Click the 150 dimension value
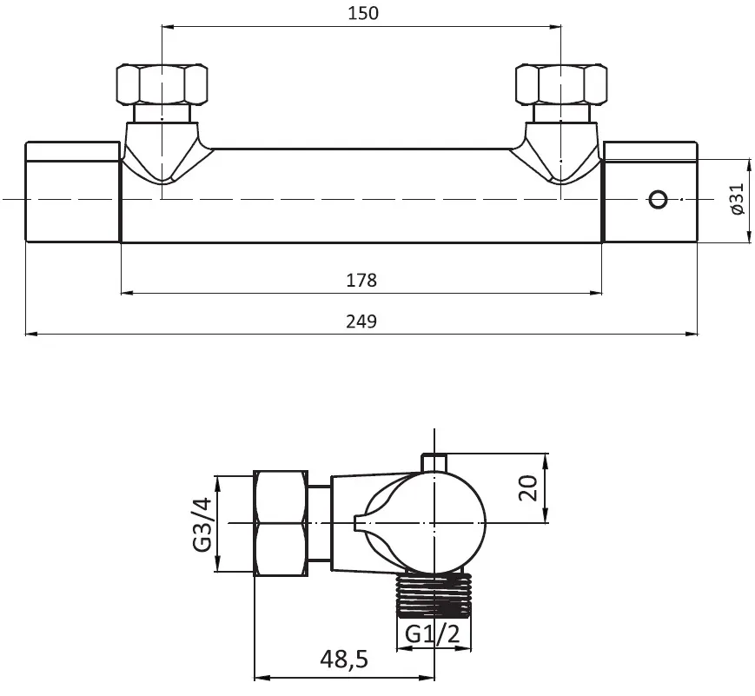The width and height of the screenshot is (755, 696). (x=363, y=13)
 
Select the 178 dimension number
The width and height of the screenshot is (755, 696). (x=361, y=280)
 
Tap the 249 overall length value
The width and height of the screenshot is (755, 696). (x=361, y=321)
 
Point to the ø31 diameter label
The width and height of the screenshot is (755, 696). (x=737, y=198)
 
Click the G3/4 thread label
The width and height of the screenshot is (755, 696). (x=202, y=524)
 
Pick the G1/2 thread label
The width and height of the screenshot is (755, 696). (x=433, y=633)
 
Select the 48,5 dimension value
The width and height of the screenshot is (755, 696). (x=344, y=659)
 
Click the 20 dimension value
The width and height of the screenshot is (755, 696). (x=528, y=488)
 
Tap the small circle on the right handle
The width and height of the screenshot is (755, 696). (x=659, y=199)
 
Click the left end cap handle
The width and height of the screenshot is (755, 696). (x=72, y=192)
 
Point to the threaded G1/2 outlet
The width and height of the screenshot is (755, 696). (x=434, y=595)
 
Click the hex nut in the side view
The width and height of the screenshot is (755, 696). (x=281, y=523)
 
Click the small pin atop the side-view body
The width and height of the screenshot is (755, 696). (x=434, y=462)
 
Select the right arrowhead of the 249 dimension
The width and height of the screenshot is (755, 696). (x=692, y=333)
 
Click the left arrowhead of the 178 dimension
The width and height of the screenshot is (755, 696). (x=127, y=292)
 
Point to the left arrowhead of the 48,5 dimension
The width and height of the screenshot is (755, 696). (x=261, y=678)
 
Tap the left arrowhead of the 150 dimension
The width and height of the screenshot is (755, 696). (x=169, y=27)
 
